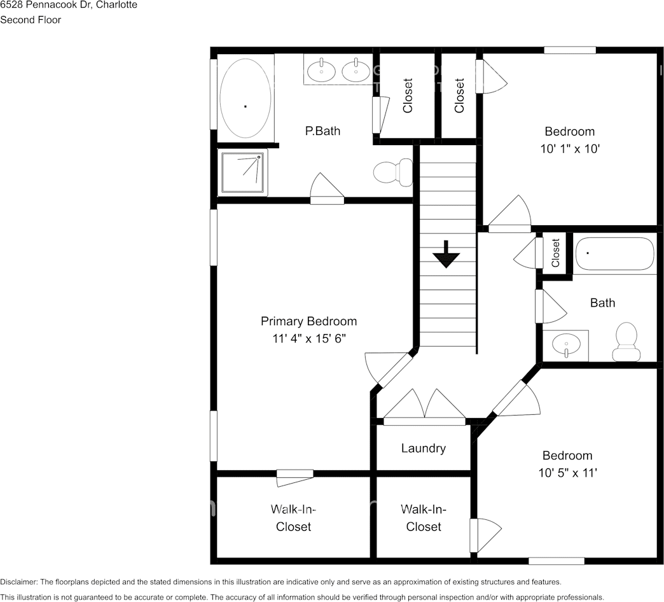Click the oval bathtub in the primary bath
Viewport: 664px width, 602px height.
[246, 98]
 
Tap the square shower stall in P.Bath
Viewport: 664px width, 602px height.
[243, 172]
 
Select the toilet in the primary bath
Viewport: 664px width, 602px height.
[393, 172]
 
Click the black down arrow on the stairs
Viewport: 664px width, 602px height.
[446, 254]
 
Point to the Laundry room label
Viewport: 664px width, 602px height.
[424, 448]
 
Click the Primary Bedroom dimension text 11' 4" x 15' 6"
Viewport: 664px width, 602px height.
[309, 339]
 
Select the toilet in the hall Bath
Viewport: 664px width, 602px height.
[626, 342]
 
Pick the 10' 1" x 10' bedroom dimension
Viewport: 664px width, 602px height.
[570, 149]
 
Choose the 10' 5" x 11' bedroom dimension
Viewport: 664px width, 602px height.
[567, 472]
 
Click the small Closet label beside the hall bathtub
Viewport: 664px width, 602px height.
[556, 253]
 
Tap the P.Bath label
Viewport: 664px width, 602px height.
[322, 130]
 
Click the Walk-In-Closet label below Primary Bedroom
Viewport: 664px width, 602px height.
[293, 517]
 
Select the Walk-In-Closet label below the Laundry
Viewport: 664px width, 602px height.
[424, 517]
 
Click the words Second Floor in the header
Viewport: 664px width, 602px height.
[31, 20]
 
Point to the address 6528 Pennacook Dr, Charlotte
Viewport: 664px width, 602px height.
[69, 5]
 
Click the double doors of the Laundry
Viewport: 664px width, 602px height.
[425, 407]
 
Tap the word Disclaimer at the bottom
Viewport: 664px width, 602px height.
[18, 582]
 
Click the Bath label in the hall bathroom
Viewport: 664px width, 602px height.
[602, 302]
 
